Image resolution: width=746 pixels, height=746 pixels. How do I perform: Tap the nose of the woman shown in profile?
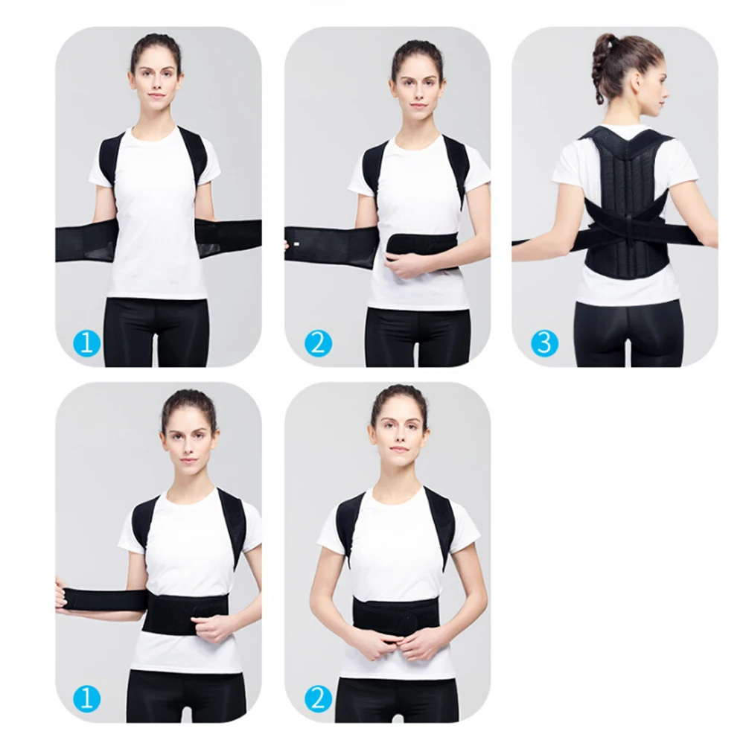[665, 84]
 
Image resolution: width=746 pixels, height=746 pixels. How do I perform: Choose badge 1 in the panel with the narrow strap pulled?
[86, 698]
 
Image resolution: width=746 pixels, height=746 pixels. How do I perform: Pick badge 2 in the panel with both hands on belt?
[316, 698]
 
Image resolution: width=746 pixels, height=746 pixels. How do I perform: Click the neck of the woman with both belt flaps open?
[156, 119]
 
